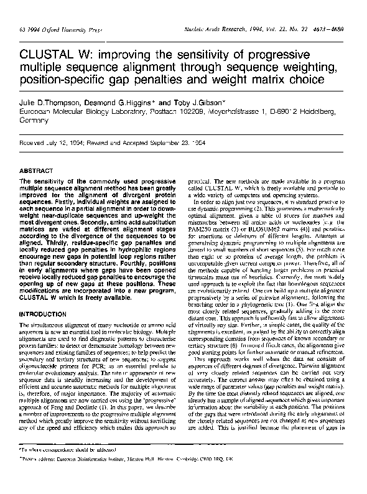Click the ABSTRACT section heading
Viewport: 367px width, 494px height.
pyautogui.click(x=35, y=169)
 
